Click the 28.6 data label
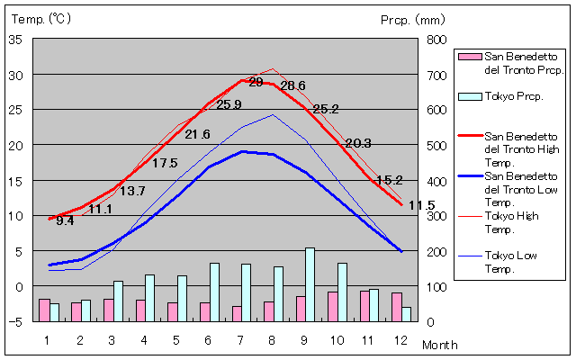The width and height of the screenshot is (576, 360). pyautogui.click(x=293, y=86)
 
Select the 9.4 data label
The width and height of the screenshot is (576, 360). pyautogui.click(x=65, y=220)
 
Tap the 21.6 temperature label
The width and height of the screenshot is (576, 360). pyautogui.click(x=197, y=135)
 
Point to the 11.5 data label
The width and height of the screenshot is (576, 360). pyautogui.click(x=421, y=206)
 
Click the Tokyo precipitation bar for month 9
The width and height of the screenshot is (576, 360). pyautogui.click(x=310, y=284)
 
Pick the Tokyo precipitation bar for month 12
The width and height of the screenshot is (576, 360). pyautogui.click(x=407, y=314)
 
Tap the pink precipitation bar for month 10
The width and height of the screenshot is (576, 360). pyautogui.click(x=333, y=306)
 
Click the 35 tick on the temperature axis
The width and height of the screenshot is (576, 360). pyautogui.click(x=16, y=40)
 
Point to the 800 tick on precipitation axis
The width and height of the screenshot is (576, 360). pyautogui.click(x=436, y=40)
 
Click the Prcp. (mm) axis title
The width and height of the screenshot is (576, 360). pyautogui.click(x=413, y=19)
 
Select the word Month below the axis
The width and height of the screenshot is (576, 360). pyautogui.click(x=439, y=345)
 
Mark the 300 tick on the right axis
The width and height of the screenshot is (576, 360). pyautogui.click(x=436, y=216)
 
